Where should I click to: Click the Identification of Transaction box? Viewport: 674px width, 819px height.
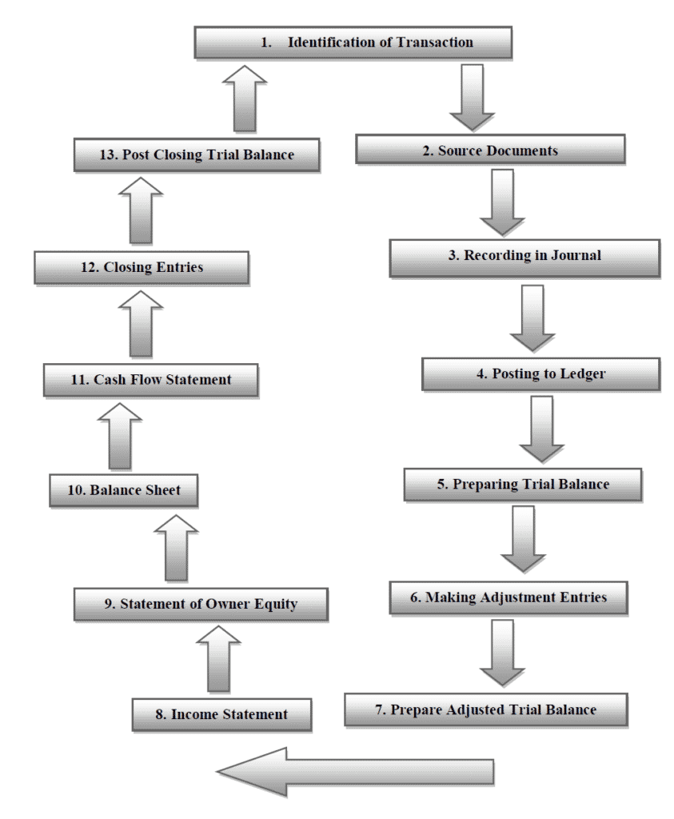click(353, 42)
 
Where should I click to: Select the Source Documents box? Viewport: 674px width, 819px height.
click(489, 150)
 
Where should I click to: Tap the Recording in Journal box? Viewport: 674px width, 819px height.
click(524, 257)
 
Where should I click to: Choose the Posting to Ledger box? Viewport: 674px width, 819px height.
click(540, 374)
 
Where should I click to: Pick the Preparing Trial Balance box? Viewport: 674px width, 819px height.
click(523, 485)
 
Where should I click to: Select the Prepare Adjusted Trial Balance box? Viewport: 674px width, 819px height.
click(486, 710)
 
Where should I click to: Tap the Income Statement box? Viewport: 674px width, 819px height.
click(221, 714)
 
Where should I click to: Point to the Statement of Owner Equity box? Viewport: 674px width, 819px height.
click(201, 605)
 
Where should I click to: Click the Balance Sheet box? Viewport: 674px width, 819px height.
click(122, 490)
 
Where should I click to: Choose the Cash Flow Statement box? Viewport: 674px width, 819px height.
click(151, 380)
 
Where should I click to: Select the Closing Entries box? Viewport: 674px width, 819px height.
click(142, 268)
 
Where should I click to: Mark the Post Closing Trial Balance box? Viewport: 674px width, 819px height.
click(197, 155)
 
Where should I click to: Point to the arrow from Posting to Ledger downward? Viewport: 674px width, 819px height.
click(541, 428)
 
